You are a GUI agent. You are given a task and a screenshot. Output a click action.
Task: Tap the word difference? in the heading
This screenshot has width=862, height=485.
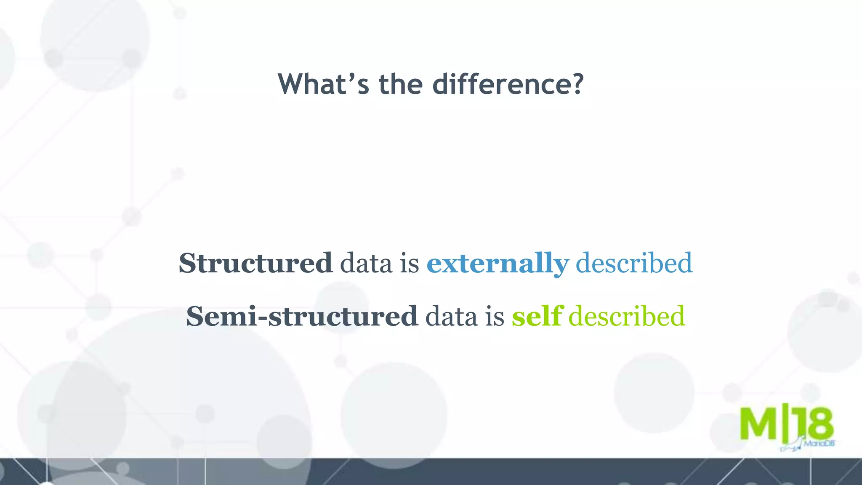pyautogui.click(x=508, y=84)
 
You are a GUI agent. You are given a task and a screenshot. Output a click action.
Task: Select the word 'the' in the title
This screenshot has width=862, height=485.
pyautogui.click(x=400, y=84)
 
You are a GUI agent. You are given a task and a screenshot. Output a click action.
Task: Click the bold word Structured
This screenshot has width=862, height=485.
pyautogui.click(x=255, y=263)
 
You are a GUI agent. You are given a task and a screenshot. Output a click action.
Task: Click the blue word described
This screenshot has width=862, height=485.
pyautogui.click(x=633, y=263)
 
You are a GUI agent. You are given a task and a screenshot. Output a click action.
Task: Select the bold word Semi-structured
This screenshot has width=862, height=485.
pyautogui.click(x=302, y=316)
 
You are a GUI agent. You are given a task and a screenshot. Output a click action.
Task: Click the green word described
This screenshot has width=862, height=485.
pyautogui.click(x=626, y=316)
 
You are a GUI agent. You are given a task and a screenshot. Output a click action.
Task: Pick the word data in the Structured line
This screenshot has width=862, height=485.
pyautogui.click(x=366, y=263)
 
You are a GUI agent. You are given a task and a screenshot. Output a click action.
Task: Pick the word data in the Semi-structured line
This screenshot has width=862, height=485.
pyautogui.click(x=451, y=316)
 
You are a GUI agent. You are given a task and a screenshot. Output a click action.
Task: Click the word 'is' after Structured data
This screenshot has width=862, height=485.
pyautogui.click(x=409, y=263)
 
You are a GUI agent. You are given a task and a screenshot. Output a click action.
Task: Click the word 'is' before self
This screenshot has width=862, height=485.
pyautogui.click(x=495, y=316)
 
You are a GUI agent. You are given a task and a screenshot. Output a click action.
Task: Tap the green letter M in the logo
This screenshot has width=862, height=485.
pyautogui.click(x=758, y=424)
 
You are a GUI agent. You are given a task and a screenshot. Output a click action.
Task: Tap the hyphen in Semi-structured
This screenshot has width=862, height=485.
pyautogui.click(x=263, y=318)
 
